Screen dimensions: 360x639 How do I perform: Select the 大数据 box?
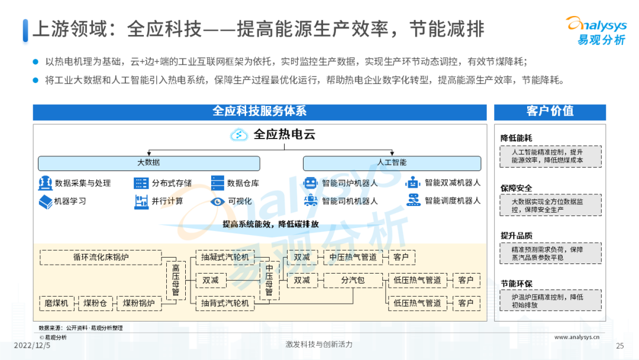point(149,163)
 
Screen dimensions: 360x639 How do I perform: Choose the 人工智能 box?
point(392,163)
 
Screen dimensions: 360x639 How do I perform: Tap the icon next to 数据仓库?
point(218,183)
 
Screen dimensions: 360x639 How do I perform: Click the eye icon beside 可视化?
point(218,201)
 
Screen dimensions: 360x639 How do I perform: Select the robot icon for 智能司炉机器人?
point(311,183)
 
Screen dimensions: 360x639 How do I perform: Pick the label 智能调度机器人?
point(453,201)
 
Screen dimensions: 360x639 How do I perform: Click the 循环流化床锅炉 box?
point(101,257)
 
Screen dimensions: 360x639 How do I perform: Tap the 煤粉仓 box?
point(95,303)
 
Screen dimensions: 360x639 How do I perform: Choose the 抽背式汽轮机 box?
point(225,303)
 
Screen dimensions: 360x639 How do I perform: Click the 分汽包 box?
point(353,280)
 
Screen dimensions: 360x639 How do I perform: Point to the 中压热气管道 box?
point(353,257)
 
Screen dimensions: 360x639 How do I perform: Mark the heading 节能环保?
point(516,284)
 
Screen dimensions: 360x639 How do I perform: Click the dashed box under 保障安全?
point(550,205)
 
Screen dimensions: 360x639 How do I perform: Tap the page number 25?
point(620,346)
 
